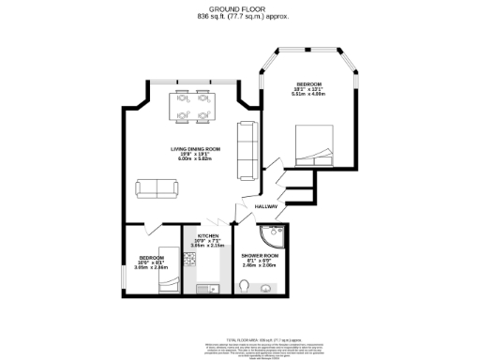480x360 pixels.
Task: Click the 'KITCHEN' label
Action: pyautogui.click(x=207, y=235)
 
